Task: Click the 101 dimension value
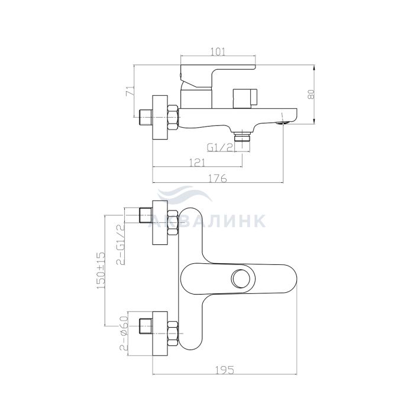point(219,51)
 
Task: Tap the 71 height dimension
point(130,90)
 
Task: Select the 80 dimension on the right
point(312,94)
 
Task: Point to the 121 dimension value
point(197,163)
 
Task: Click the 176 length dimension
point(218,179)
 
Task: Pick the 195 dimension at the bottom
point(225,370)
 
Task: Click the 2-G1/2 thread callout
point(121,244)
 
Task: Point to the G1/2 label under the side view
point(221,147)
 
